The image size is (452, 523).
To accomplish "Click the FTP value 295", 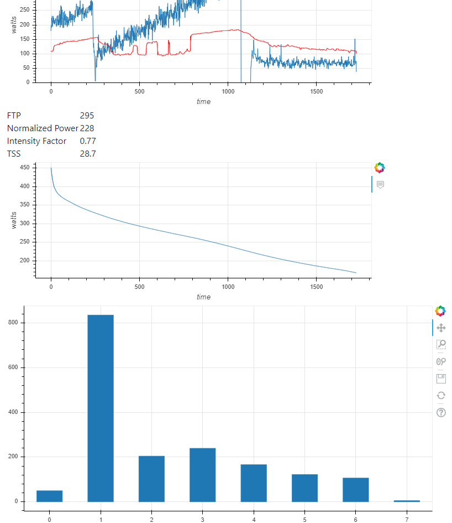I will pos(87,116).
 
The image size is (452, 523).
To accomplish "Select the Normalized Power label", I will pos(43,128).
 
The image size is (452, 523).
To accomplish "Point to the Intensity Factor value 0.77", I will pos(88,141).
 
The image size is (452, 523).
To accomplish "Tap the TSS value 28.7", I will pos(88,154).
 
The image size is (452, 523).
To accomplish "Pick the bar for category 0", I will pos(50,496).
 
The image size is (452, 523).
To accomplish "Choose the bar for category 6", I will pos(355,489).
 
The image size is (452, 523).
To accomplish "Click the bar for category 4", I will pos(254,483).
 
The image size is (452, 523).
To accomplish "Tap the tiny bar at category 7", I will pos(407,501).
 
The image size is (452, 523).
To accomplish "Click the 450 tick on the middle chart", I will pos(24,168).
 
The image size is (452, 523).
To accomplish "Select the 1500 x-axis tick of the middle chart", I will pos(316,287).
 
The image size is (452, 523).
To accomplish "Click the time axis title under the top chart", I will pos(203,101).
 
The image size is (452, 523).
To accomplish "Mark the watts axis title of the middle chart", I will pos(14,220).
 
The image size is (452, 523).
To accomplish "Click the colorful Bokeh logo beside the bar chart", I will pos(440,311).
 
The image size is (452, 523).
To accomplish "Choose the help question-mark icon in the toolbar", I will pos(441,412).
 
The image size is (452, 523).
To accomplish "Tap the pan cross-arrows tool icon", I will pos(441,328).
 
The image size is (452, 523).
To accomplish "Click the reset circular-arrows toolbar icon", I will pos(441,395).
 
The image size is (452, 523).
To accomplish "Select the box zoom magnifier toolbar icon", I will pos(441,345).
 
